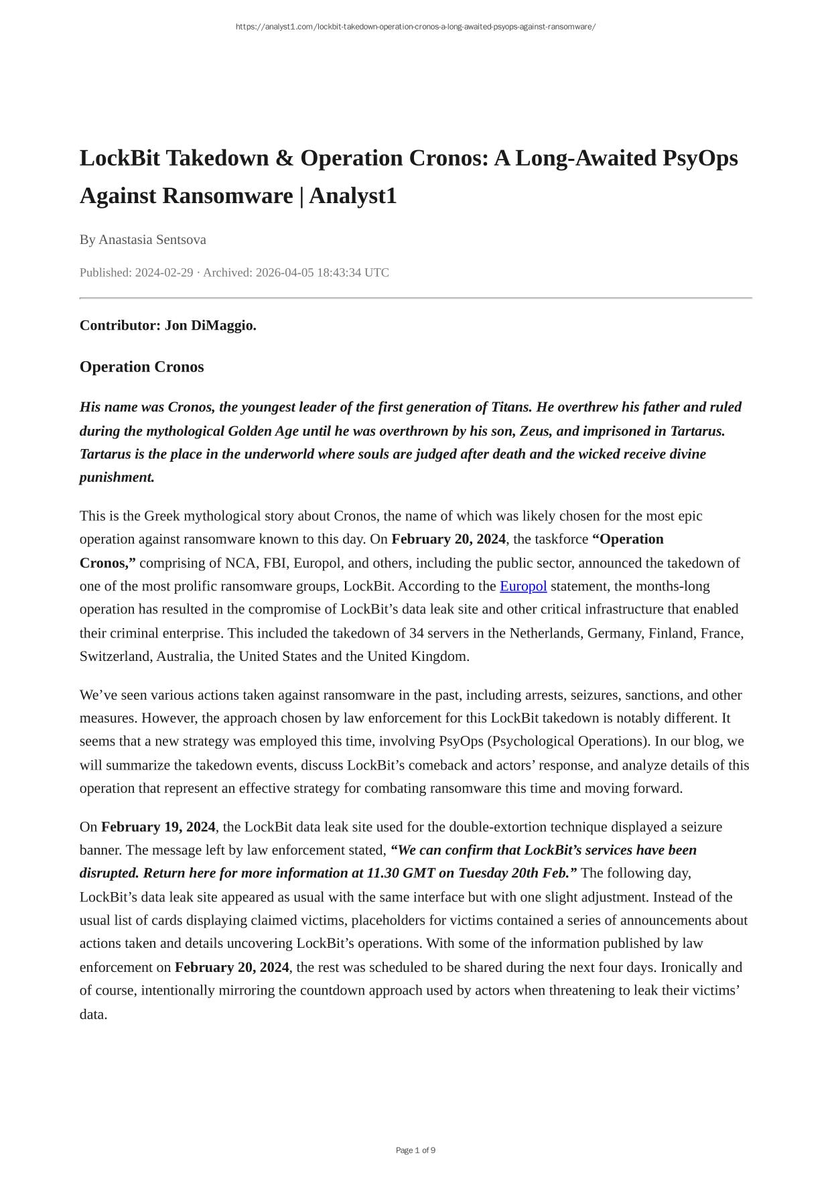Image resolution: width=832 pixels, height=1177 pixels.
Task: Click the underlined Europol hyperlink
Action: [x=523, y=586]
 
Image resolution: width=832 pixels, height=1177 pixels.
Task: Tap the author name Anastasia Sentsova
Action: [x=152, y=240]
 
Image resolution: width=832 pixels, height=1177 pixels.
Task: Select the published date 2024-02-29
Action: [x=164, y=273]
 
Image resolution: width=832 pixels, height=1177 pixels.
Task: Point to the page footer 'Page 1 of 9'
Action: [x=415, y=1150]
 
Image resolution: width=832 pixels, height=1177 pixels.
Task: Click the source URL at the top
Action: [x=415, y=27]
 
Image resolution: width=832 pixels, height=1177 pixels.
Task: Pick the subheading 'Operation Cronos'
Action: [x=141, y=367]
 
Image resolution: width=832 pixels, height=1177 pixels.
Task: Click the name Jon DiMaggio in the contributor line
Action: [x=210, y=326]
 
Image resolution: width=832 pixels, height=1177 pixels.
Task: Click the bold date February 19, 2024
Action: [x=158, y=827]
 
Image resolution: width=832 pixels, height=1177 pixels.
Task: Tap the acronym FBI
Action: [x=275, y=563]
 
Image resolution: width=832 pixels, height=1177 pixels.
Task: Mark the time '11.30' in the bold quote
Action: [x=383, y=873]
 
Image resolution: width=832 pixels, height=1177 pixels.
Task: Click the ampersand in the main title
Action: [x=284, y=159]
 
